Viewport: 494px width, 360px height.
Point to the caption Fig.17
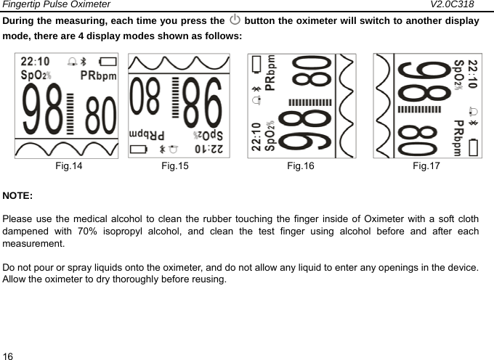pos(426,167)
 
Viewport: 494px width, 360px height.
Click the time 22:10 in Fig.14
pos(35,62)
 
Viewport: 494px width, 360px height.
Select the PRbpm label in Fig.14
pos(99,75)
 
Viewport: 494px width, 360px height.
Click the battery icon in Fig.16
pos(256,66)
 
